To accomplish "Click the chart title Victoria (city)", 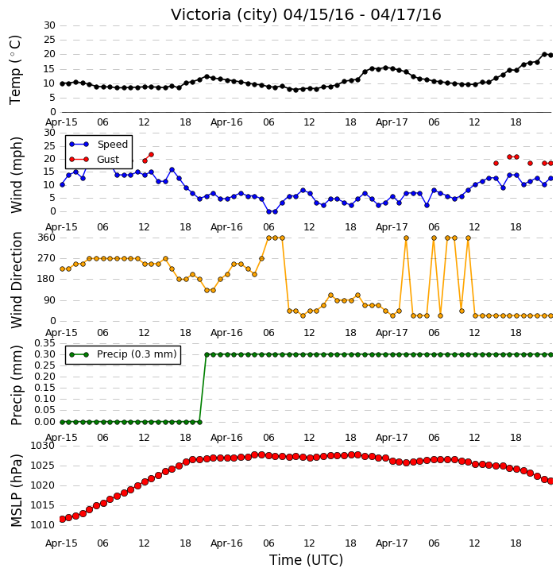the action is click(x=224, y=15).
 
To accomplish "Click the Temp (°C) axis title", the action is click(x=15, y=70).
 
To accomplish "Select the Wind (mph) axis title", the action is click(x=16, y=175).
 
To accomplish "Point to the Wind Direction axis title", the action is click(x=16, y=280).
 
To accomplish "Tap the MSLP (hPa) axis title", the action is click(x=16, y=490).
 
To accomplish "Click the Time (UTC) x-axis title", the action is click(x=306, y=560).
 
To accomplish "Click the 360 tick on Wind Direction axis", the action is click(x=46, y=238).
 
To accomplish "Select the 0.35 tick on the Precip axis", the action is click(x=44, y=343).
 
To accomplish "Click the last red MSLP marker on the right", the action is click(x=550, y=481).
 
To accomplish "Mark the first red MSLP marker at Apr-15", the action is click(x=62, y=520).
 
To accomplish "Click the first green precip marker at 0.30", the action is click(x=207, y=355).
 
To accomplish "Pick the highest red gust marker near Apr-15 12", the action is click(x=151, y=155).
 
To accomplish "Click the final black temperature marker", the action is click(x=550, y=56).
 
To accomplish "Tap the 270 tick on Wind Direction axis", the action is click(x=46, y=258).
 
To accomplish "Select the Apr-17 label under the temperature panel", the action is click(x=392, y=122).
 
